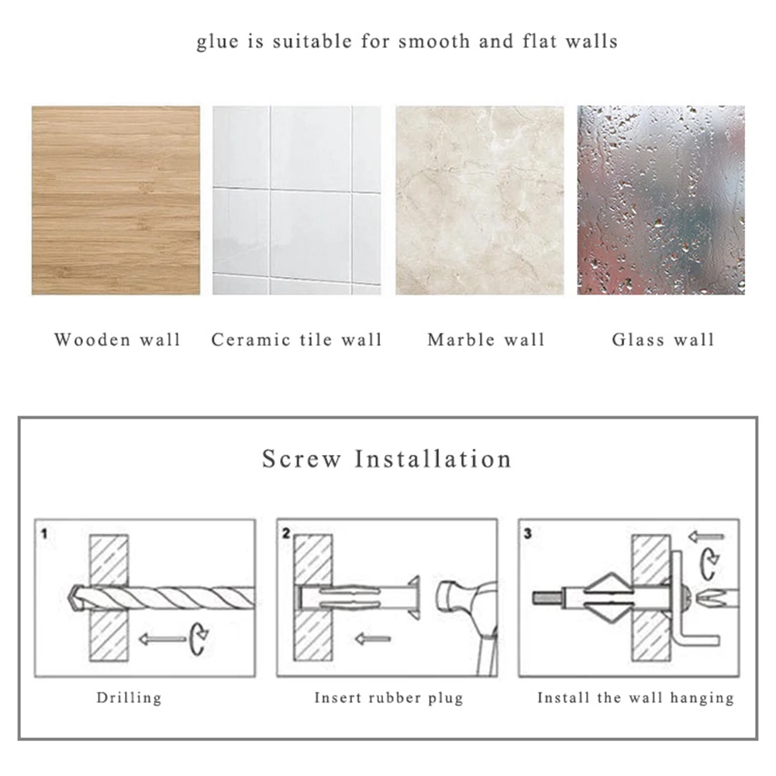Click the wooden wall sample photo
[116, 201]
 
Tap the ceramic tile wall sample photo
[297, 201]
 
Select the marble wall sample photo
[480, 201]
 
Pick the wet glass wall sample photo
[660, 201]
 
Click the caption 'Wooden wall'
[117, 340]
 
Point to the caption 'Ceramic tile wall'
[297, 340]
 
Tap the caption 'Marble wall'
[486, 340]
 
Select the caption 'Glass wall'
[663, 340]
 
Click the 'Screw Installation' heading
[387, 459]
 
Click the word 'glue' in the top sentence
[218, 42]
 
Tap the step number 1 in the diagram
[44, 534]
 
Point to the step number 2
[286, 533]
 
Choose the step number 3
[528, 533]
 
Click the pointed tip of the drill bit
[69, 598]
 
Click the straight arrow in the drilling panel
[162, 639]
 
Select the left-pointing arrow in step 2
[373, 639]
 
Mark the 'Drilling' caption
[129, 698]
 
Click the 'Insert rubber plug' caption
[389, 698]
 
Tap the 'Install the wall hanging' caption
[636, 698]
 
